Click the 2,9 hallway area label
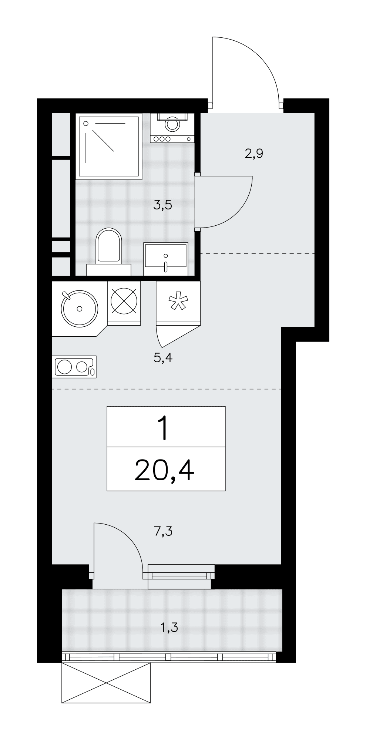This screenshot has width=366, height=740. click(x=254, y=153)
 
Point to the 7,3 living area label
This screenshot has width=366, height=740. click(x=163, y=531)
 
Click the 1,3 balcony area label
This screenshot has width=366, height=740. click(x=169, y=627)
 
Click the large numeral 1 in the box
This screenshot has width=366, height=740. click(x=163, y=428)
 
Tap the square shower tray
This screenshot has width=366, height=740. click(x=109, y=147)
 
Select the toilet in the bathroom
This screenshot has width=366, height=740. click(x=109, y=252)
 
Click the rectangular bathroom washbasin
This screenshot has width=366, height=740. click(x=166, y=259)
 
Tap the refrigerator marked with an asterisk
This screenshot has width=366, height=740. click(x=178, y=303)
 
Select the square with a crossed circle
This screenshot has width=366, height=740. click(x=124, y=302)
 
